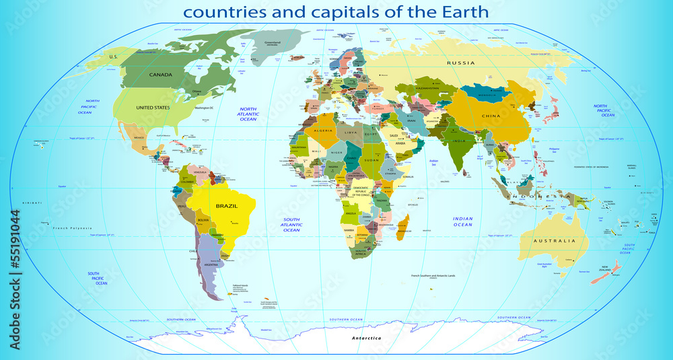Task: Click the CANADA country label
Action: [x=161, y=75]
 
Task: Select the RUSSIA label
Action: [x=461, y=63]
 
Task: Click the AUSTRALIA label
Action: [x=555, y=241]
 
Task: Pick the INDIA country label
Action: [x=458, y=141]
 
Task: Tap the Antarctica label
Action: [x=365, y=338]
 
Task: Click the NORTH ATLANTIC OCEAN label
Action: [x=249, y=114]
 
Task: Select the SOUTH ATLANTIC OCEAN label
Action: [x=291, y=225]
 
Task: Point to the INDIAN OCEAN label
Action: [x=463, y=221]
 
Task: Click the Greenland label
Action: [x=273, y=42]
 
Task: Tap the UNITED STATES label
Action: [x=153, y=108]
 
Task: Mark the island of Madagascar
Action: [x=403, y=226]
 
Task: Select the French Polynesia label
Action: [x=71, y=228]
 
